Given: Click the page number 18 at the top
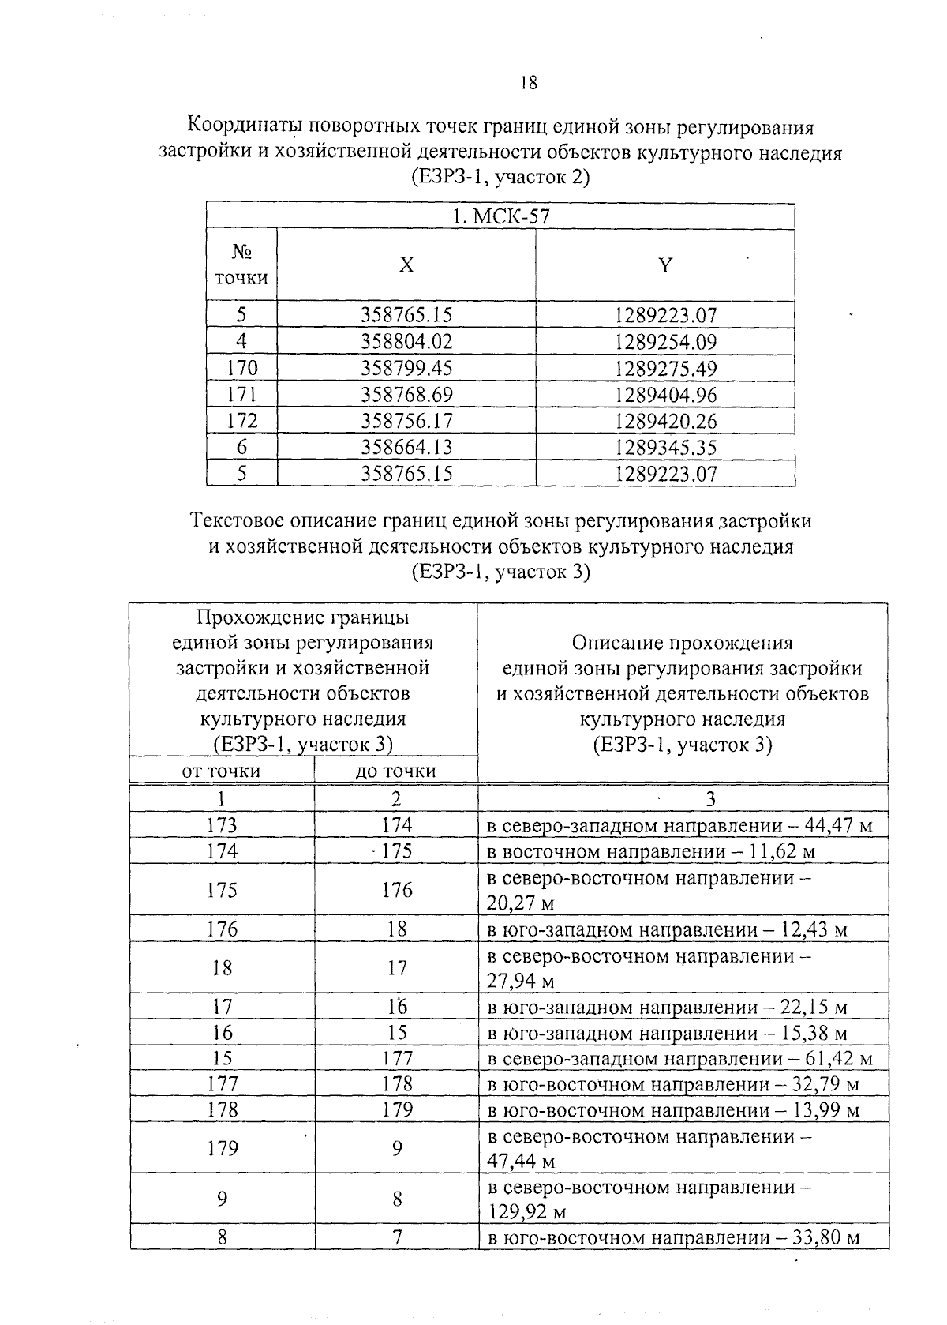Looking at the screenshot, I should [529, 82].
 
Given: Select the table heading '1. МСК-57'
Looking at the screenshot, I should [500, 217].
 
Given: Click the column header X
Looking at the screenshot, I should [406, 265].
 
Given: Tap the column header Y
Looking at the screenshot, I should [665, 265].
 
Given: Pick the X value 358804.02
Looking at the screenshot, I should [406, 342].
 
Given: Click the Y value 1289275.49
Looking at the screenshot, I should [665, 368].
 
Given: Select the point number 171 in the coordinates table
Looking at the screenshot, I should [241, 394].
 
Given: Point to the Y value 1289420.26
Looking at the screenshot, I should [665, 421].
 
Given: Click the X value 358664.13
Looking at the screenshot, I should [406, 447].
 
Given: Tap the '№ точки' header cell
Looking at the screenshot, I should [241, 265].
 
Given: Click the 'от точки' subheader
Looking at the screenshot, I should [222, 771].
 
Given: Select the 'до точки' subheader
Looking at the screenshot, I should [396, 771].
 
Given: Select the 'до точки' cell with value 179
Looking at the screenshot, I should [397, 1109].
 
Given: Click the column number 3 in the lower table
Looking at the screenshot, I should [710, 799].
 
